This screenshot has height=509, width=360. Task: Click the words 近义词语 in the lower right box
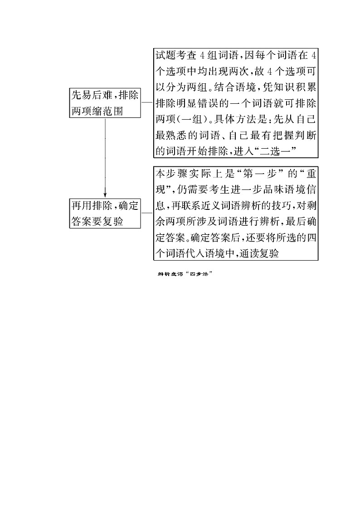(x=217, y=206)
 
